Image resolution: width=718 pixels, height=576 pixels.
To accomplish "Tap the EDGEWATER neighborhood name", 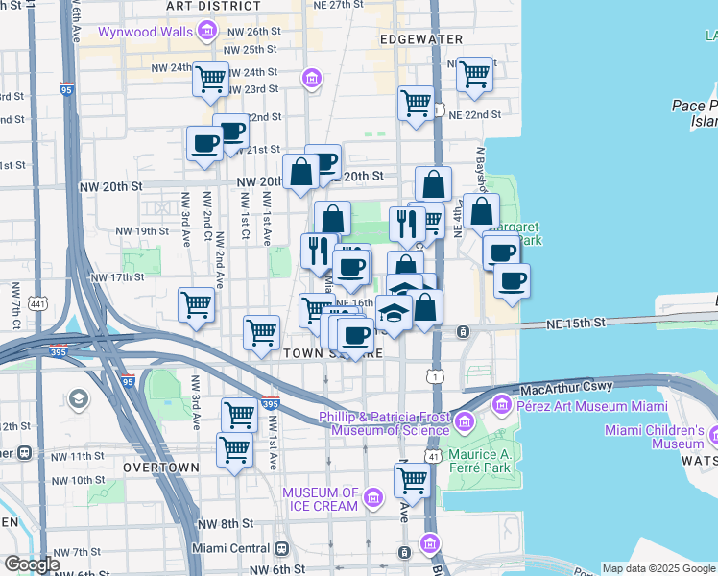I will coord(420,39).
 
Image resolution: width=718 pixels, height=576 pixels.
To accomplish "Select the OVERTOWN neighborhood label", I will coord(161,468).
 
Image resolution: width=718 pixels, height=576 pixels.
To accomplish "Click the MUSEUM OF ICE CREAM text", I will coord(320,499).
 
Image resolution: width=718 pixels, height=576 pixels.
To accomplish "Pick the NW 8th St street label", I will coord(225,524).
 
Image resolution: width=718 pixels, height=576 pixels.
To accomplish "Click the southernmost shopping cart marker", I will coord(411,479).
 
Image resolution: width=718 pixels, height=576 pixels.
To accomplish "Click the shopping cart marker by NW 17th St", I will coord(196,304).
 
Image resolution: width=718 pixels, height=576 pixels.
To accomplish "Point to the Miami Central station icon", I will coord(281,548).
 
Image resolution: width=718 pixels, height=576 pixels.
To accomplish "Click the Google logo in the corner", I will coord(32,564).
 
